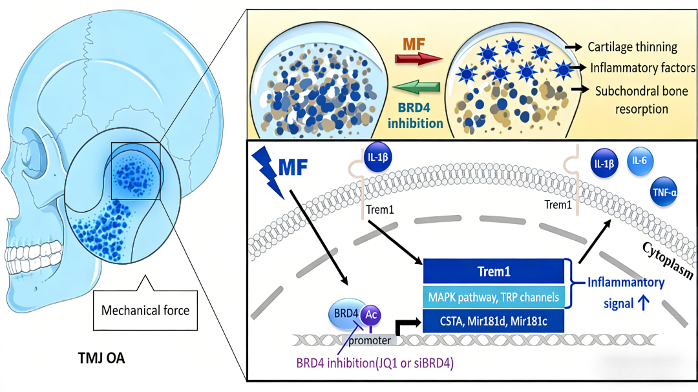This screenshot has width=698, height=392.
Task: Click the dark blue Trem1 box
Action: [x=494, y=271]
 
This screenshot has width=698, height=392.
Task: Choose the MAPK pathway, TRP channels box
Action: [x=494, y=296]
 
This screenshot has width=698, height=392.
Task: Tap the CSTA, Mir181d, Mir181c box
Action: [x=494, y=320]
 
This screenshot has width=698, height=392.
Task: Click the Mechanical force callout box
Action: [x=145, y=309]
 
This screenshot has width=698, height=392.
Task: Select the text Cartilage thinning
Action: [x=631, y=46]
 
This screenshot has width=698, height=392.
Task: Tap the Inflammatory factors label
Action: [x=641, y=68]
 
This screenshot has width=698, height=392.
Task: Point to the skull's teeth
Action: [x=32, y=253]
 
